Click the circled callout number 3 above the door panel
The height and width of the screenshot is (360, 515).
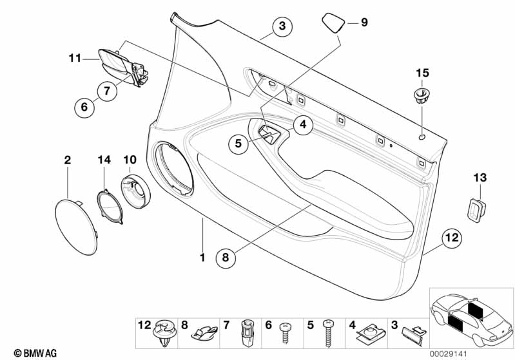(282, 26)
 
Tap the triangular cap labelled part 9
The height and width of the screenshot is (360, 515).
(333, 23)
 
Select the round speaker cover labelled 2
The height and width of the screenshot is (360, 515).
(76, 227)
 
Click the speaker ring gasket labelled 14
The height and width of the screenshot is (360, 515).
(110, 207)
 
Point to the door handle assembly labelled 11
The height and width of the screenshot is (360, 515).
(122, 67)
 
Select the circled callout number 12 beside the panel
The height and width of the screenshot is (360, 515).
(452, 238)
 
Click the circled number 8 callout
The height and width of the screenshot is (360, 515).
(226, 258)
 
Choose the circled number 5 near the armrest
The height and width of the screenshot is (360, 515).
(238, 143)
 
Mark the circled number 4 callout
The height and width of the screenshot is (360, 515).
(303, 125)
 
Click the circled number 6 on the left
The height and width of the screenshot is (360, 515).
(84, 107)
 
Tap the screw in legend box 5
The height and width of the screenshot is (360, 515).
(328, 333)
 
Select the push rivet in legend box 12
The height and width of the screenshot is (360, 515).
(163, 333)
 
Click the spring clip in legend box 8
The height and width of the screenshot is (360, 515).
(204, 332)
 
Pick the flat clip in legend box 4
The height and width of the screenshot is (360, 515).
(370, 332)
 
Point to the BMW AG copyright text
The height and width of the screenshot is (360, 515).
(35, 354)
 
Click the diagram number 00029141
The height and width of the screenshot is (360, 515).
(449, 354)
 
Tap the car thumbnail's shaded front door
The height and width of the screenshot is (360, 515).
(455, 322)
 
